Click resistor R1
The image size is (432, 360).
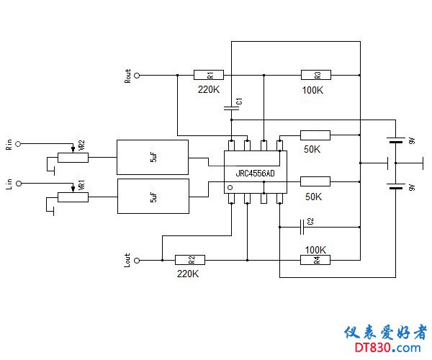209,74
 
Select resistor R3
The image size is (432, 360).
315,74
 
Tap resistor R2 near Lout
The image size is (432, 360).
190,259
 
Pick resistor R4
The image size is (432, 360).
315,259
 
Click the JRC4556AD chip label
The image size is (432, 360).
255,174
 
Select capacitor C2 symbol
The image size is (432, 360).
302,227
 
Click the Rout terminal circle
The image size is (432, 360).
136,74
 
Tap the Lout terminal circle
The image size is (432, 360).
136,259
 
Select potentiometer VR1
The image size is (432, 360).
73,194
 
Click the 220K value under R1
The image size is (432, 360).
209,90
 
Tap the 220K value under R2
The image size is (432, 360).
187,274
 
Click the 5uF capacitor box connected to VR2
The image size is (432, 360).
152,156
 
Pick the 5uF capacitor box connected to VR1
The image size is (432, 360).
152,196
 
